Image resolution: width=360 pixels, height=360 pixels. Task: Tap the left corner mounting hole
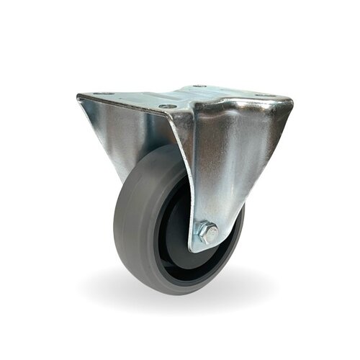point(103,94)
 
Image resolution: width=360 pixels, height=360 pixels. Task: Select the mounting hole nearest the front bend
point(167,107)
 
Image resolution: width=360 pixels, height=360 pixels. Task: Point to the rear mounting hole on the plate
point(199,86)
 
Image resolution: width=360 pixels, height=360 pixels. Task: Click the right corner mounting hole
point(267,96)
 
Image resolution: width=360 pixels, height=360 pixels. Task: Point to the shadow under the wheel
point(180,288)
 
